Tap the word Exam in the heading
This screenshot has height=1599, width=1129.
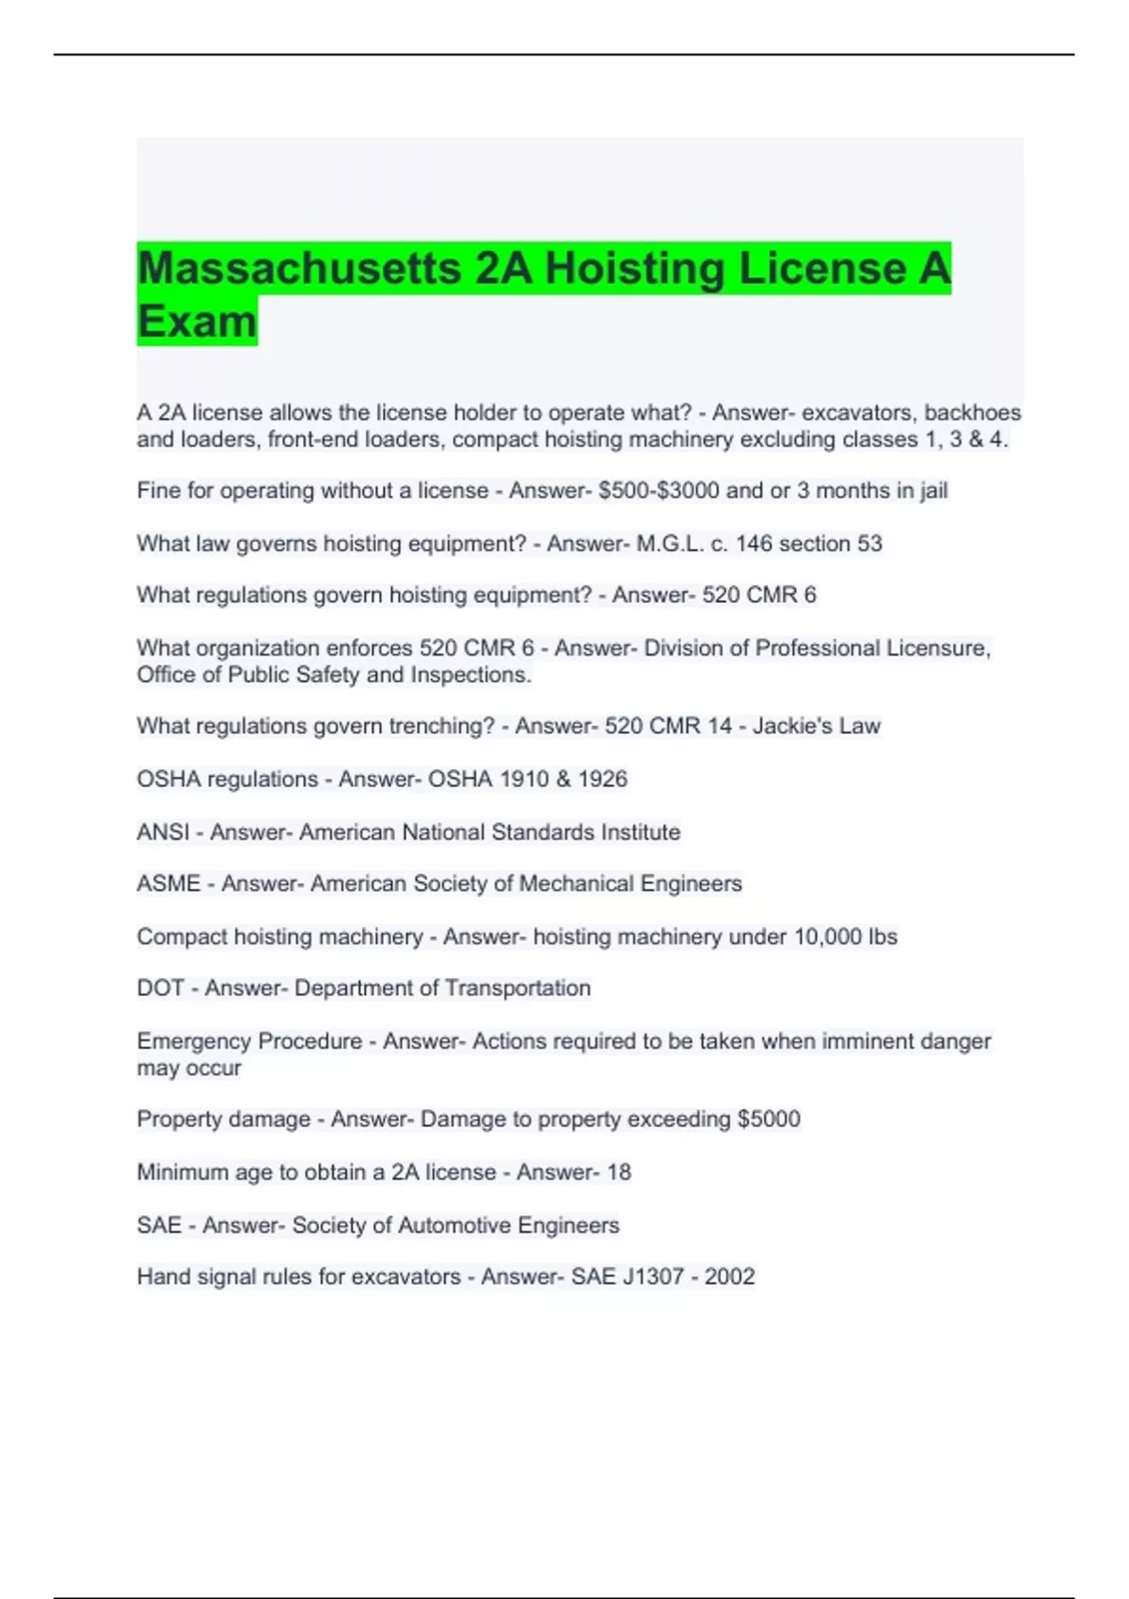point(197,322)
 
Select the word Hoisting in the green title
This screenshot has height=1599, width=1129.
point(633,269)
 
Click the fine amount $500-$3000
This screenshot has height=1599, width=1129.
point(659,491)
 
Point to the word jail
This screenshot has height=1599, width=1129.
point(930,491)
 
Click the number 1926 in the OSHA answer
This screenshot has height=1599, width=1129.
point(602,779)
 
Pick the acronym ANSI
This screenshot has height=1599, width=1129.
point(163,832)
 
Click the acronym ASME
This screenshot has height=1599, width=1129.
point(168,884)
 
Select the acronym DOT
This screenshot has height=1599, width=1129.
point(160,989)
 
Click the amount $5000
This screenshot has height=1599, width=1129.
point(769,1119)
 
